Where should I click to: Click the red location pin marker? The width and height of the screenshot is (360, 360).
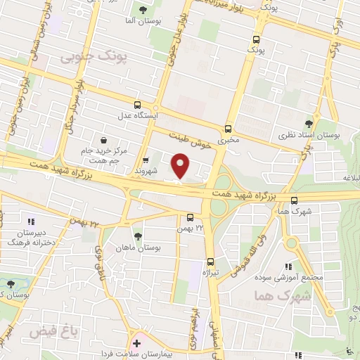[181, 166]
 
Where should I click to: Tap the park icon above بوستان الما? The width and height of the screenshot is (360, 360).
[143, 10]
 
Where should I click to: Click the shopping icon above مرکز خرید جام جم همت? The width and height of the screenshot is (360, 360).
[104, 140]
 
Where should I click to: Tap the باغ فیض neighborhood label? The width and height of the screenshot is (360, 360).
[49, 329]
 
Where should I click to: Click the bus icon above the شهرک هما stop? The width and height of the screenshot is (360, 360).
[294, 200]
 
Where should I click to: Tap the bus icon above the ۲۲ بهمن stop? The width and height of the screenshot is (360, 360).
[191, 217]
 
